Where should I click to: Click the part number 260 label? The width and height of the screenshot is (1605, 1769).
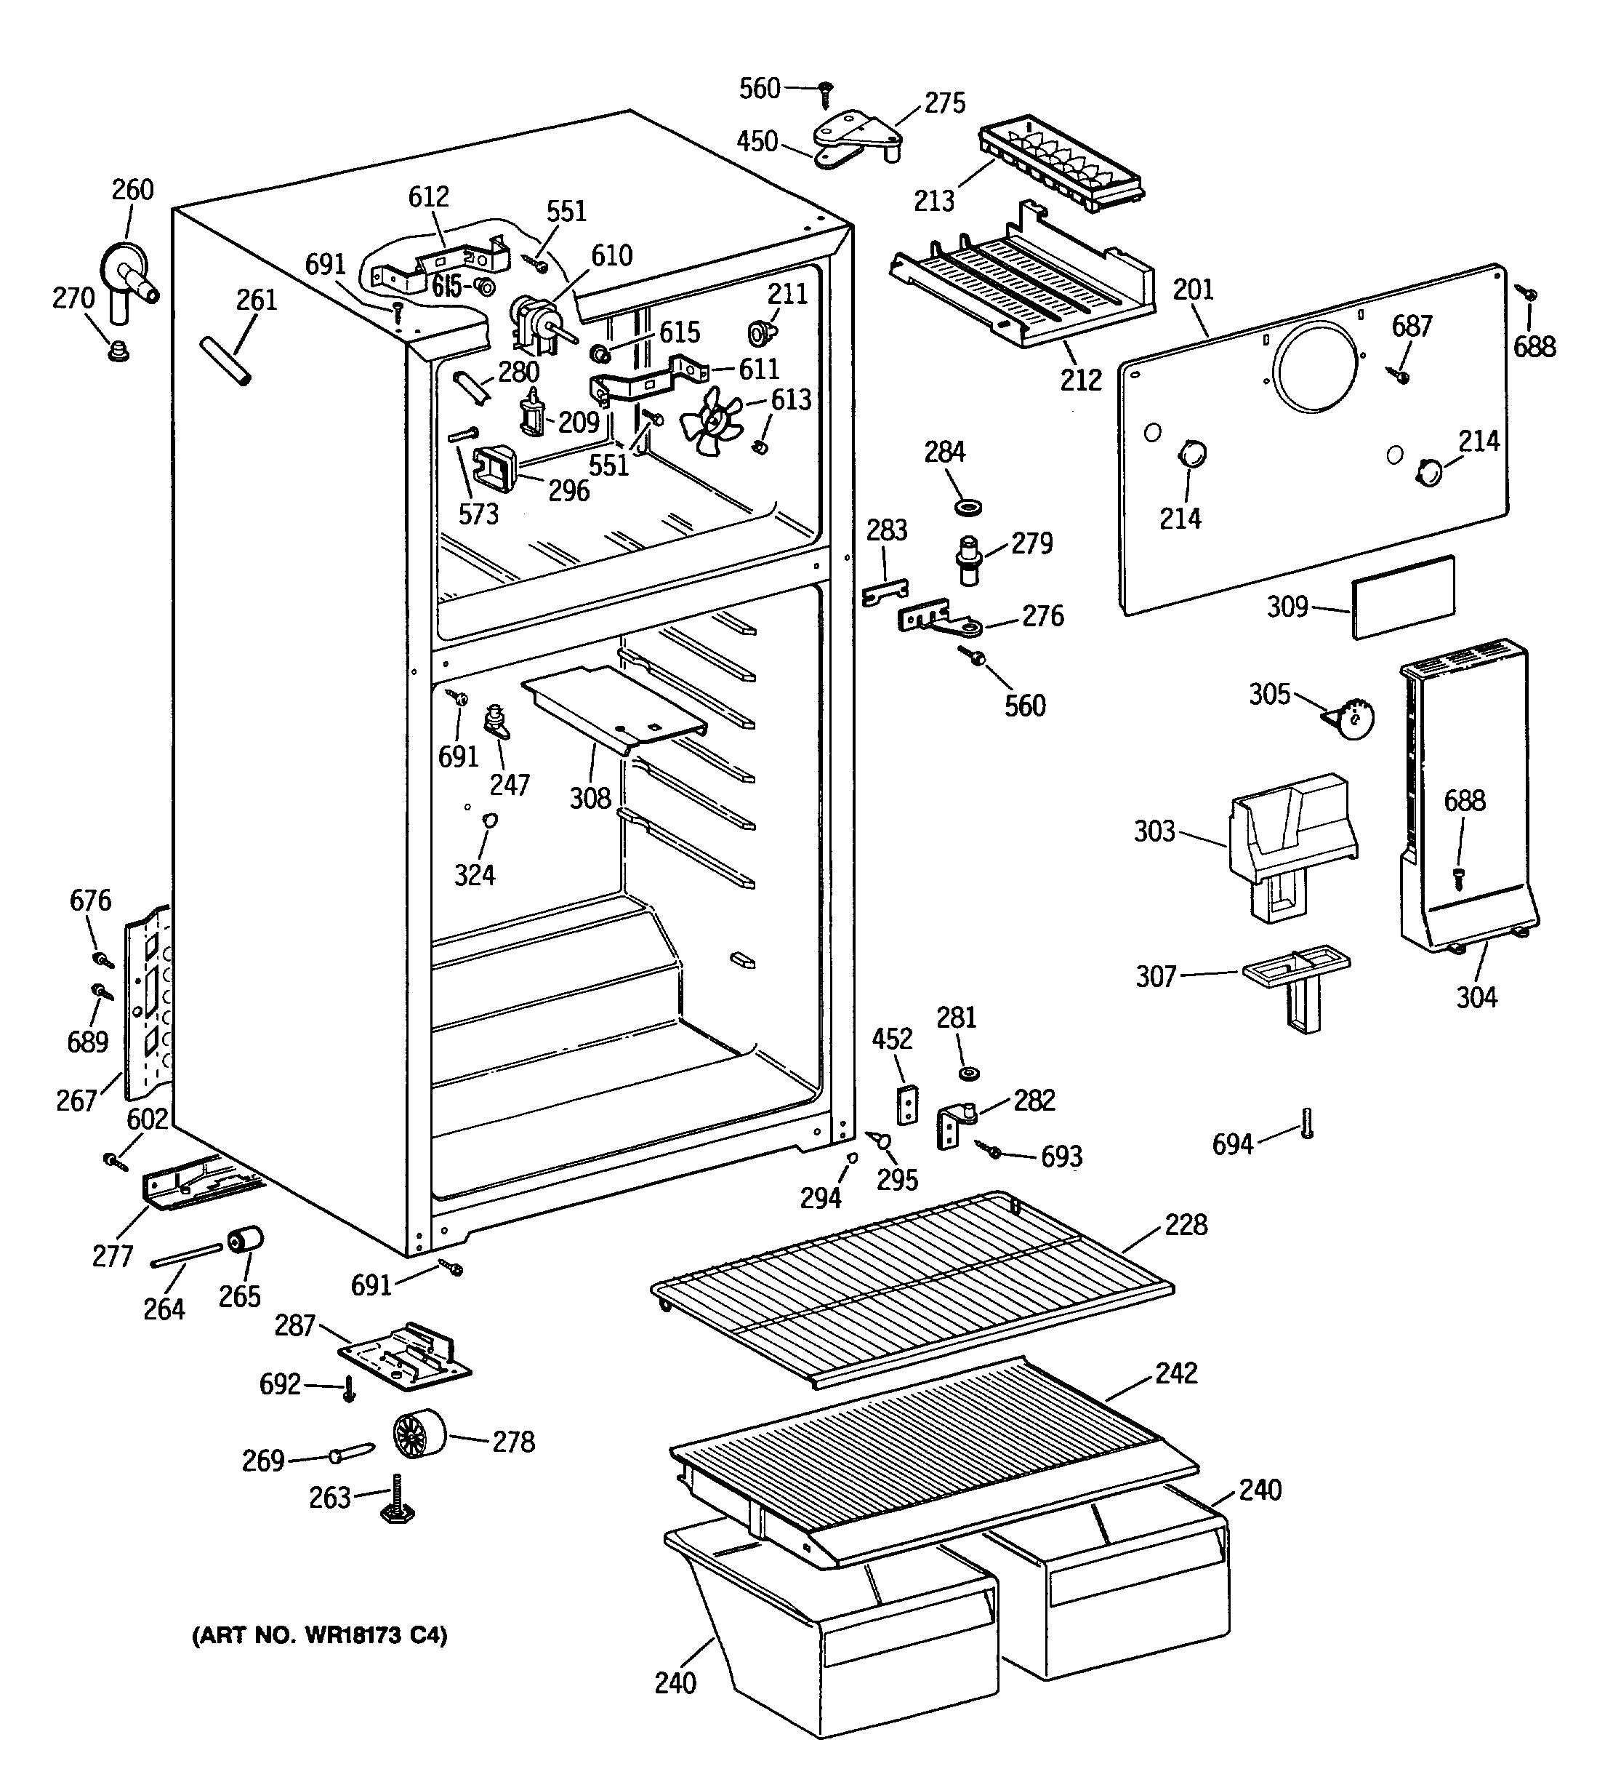pos(132,190)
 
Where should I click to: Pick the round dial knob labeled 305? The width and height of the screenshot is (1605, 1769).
pos(1351,718)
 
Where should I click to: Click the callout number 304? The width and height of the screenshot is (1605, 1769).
pos(1477,998)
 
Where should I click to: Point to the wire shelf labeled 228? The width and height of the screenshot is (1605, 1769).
pos(912,1289)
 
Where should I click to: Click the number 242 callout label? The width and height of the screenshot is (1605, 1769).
pos(1176,1373)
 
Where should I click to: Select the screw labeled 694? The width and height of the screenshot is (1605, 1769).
pos(1307,1123)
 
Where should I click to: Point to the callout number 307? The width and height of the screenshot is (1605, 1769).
pos(1156,977)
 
